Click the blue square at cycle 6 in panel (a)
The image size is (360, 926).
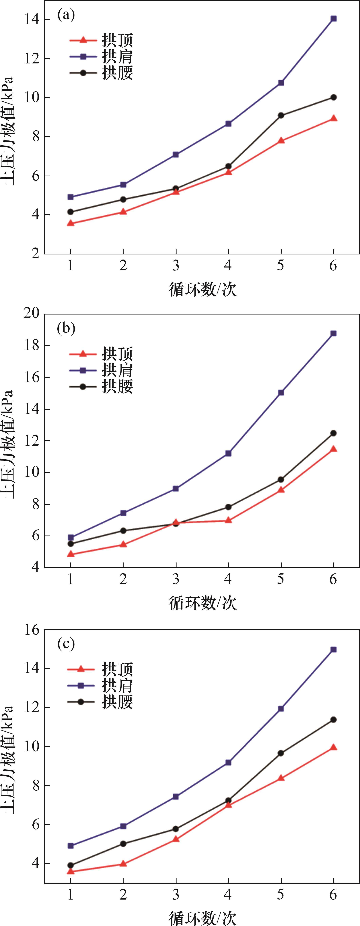333,19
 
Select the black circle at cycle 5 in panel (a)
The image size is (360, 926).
281,115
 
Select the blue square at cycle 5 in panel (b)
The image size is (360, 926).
281,393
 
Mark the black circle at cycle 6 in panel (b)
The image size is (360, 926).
333,433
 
